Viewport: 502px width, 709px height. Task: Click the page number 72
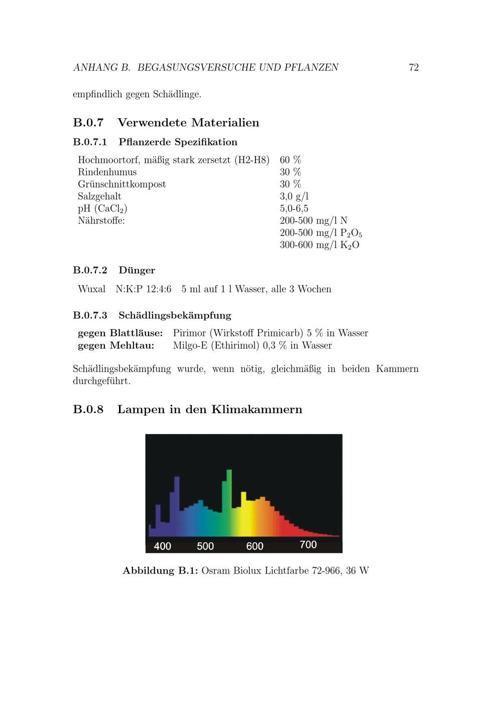[x=414, y=67]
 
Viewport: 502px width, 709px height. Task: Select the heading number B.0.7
[x=88, y=122]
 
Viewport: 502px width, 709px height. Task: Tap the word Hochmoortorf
[x=104, y=160]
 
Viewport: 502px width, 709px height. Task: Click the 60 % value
[x=290, y=160]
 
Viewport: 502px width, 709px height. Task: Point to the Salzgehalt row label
[x=99, y=197]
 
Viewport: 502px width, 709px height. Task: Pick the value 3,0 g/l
[x=294, y=197]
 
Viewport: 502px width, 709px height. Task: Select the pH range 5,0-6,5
[x=294, y=209]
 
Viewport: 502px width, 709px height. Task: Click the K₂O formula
[x=349, y=245]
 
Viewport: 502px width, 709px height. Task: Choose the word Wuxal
[x=91, y=289]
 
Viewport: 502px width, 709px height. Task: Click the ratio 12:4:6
[x=158, y=289]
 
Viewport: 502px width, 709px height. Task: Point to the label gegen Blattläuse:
[x=120, y=333]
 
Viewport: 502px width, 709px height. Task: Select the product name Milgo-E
[x=190, y=345]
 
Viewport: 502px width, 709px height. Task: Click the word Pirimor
[x=189, y=333]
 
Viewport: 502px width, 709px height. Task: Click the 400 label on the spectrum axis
[x=162, y=546]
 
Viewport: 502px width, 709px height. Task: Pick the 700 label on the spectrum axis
[x=308, y=545]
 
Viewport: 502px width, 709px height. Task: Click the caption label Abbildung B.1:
[x=160, y=571]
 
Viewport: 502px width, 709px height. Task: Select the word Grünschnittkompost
[x=121, y=185]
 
